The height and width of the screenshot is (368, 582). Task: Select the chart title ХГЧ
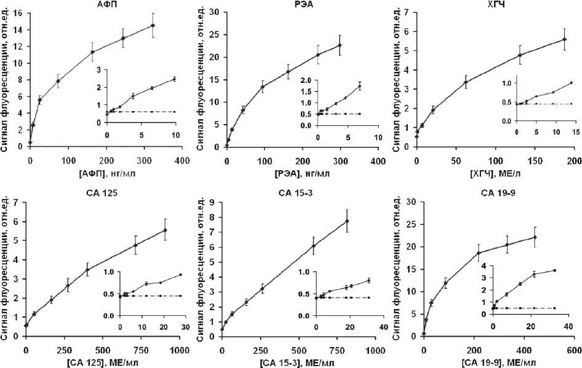(x=495, y=4)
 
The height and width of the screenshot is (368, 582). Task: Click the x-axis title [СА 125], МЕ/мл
(x=103, y=362)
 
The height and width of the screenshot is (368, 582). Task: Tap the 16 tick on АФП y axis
(x=20, y=13)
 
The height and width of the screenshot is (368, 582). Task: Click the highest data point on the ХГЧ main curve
(x=564, y=39)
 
